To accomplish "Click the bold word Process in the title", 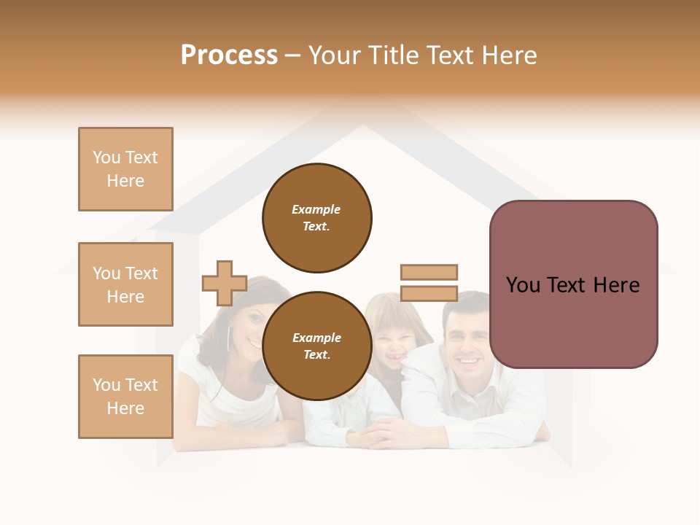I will tap(229, 55).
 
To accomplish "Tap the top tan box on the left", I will tap(125, 169).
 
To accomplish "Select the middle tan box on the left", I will tap(125, 284).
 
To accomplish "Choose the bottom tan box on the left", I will tap(125, 397).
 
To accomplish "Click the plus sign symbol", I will tap(225, 283).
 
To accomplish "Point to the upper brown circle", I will tap(317, 218).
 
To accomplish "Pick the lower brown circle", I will tap(317, 346).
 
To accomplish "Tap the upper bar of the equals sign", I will tap(429, 272).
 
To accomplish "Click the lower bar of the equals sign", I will tap(429, 294).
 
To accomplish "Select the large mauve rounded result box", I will tap(574, 284).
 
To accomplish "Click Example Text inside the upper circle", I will tap(316, 218).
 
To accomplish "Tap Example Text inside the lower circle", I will tap(316, 346).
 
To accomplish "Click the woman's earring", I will tap(229, 338).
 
